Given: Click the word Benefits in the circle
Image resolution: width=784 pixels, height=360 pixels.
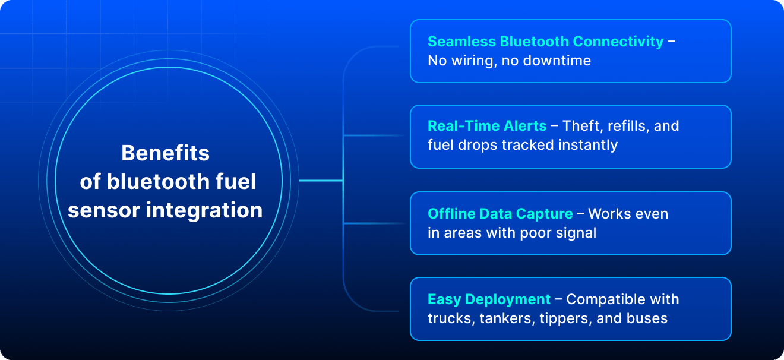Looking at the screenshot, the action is point(166,153).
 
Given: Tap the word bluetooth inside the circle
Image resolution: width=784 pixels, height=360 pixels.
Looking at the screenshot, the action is point(158,181).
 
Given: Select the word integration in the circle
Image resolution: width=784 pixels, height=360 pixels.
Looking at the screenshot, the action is point(204,211).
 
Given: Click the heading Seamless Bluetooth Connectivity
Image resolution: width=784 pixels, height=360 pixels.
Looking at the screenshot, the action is point(546,42).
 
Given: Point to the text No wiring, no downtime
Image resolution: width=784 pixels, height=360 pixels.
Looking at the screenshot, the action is point(509,61).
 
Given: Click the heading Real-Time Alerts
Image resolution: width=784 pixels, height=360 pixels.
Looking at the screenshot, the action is point(487,126).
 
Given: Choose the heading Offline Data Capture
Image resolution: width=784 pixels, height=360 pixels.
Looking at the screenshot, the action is point(500,214).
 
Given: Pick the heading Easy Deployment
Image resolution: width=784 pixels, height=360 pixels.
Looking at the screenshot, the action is point(489,300).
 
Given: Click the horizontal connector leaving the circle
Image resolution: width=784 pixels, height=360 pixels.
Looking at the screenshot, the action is point(321,181).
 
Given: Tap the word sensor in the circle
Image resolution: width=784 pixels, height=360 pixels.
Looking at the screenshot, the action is point(104,211).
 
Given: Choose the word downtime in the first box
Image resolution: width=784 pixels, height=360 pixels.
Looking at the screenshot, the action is point(557,61).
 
